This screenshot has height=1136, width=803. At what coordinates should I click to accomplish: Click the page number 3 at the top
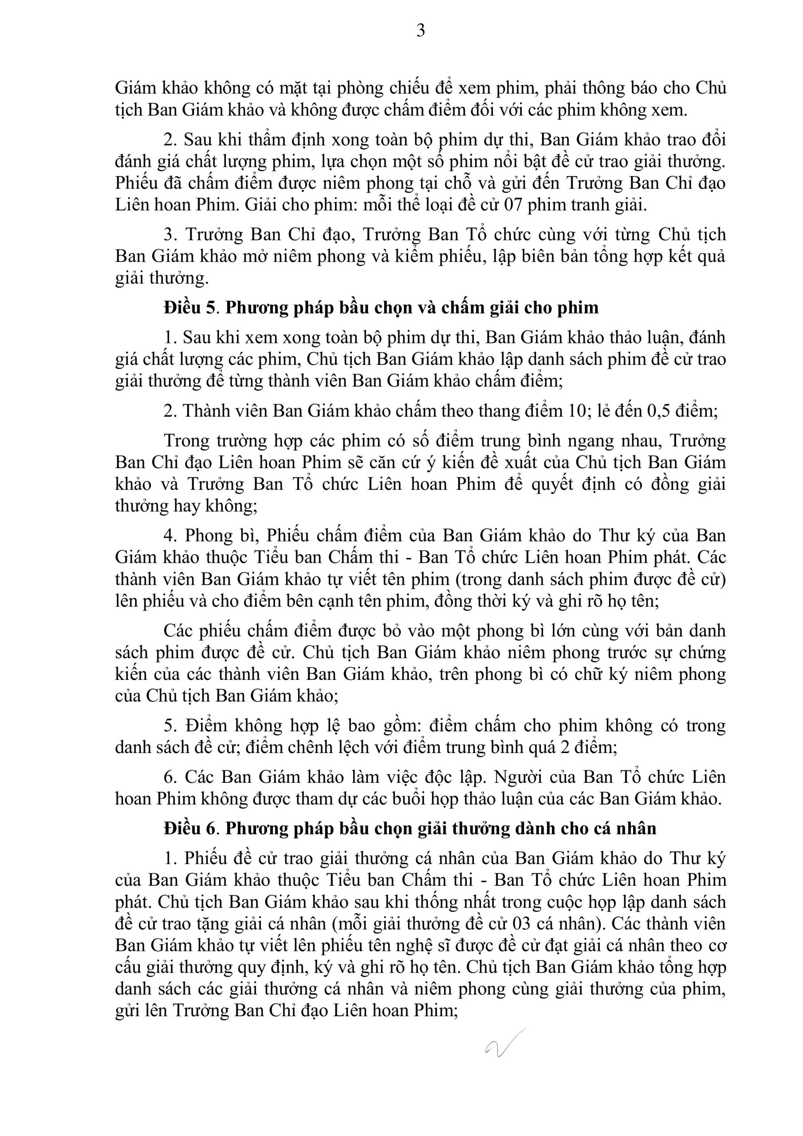[x=421, y=31]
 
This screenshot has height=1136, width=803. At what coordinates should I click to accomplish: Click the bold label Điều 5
[x=189, y=308]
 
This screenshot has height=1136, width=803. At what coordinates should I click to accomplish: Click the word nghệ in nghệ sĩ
[x=435, y=946]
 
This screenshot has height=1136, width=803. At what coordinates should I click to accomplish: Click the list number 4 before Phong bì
[x=168, y=536]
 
